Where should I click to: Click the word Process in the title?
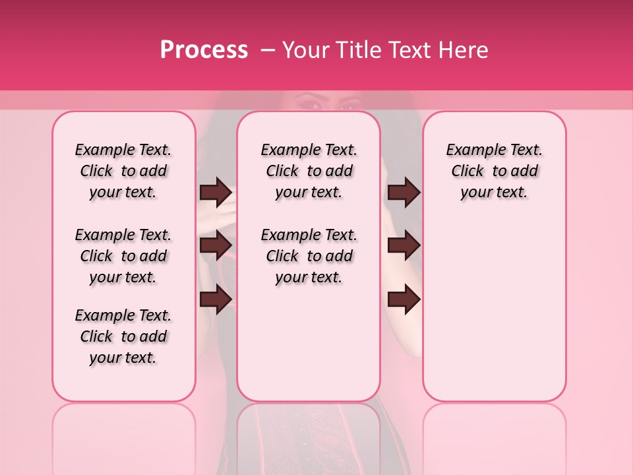(204, 50)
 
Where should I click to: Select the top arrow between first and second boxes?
(216, 193)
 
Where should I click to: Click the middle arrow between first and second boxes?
(216, 245)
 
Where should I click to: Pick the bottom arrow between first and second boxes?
(216, 299)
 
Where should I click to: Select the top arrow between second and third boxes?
(404, 193)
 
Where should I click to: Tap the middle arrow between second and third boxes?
(404, 245)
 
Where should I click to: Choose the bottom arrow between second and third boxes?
(404, 299)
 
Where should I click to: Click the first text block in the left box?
(123, 171)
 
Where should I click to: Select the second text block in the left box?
(123, 256)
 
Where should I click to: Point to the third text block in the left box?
(123, 336)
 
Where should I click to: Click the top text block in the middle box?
(309, 171)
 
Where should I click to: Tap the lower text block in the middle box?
(309, 256)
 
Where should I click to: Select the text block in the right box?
(494, 171)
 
